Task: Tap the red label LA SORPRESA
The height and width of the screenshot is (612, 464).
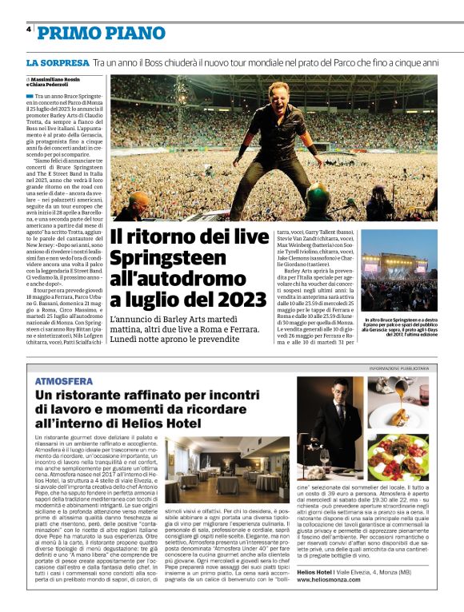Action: tap(58, 62)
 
